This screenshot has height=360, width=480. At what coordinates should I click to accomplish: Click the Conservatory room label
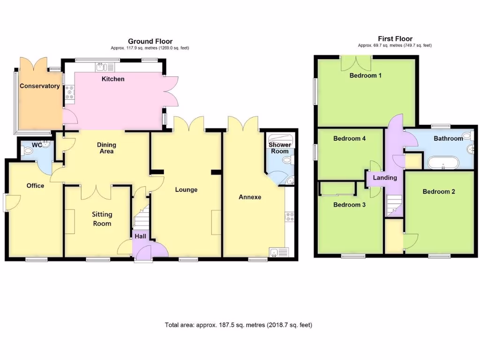39,86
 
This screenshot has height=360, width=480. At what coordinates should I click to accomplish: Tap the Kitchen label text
113,79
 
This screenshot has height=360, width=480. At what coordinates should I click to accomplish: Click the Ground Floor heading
150,41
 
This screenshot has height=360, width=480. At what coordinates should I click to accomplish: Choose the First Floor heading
395,39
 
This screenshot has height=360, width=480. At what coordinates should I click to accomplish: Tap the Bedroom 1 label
365,75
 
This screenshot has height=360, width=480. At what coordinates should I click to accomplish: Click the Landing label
385,178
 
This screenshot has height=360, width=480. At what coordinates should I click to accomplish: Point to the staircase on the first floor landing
393,205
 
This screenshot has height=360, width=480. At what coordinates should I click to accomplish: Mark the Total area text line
238,325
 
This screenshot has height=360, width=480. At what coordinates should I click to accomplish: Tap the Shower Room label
280,148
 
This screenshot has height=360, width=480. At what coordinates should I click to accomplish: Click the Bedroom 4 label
349,138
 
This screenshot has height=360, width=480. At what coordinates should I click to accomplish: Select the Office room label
35,186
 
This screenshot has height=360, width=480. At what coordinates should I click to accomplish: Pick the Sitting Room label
102,218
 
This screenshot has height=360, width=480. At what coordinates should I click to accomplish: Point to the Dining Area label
106,148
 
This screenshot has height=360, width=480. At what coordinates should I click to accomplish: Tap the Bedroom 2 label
439,191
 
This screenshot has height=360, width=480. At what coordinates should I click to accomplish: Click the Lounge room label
186,189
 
